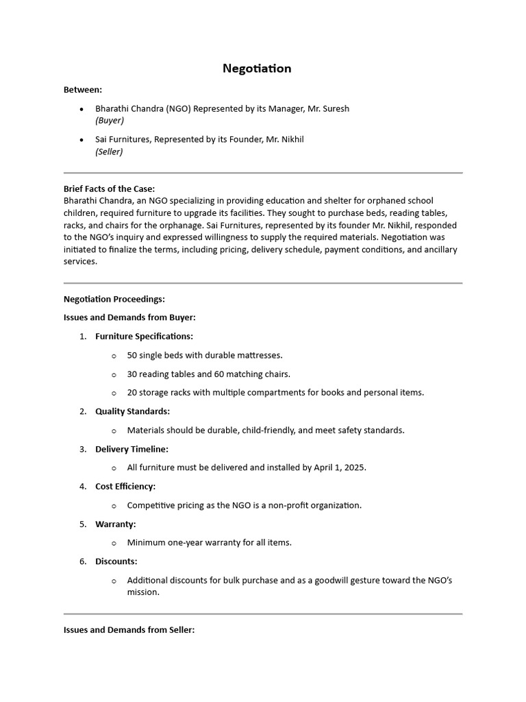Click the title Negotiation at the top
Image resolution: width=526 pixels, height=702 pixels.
(257, 69)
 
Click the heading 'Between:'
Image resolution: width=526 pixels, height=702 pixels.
(83, 90)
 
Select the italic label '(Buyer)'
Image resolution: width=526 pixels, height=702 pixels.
(110, 121)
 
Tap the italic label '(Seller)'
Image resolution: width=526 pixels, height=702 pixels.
(109, 152)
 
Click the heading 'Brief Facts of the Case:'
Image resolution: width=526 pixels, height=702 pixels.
(109, 189)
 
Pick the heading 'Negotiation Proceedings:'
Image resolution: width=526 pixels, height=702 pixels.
(114, 299)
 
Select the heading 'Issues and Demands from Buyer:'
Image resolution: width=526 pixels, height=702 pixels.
(129, 317)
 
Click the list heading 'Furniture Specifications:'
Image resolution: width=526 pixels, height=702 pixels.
(144, 337)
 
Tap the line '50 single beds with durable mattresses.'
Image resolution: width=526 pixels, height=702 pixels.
(205, 355)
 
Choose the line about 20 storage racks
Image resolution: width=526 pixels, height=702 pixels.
(275, 393)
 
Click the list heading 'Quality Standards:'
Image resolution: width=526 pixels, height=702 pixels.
(132, 411)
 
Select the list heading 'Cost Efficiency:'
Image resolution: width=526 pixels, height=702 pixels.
(125, 486)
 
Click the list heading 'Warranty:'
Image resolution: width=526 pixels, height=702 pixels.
(116, 524)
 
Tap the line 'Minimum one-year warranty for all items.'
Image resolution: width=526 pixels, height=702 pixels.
(209, 542)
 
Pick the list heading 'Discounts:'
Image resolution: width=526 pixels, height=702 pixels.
(116, 561)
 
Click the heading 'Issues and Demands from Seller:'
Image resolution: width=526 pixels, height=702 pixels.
(129, 630)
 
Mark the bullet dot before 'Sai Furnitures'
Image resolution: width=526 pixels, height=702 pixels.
(82, 140)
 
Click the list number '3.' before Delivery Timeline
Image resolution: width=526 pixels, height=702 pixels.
(82, 449)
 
